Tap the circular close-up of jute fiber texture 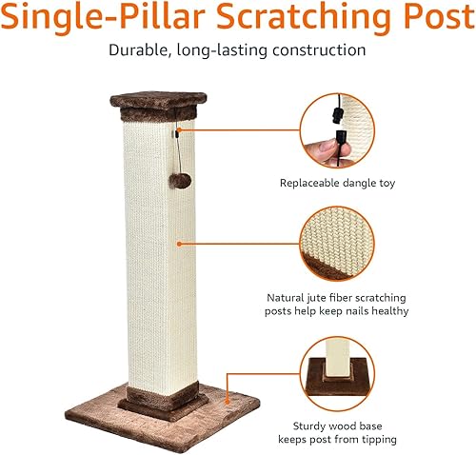pyautogui.click(x=338, y=243)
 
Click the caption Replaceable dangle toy pyautogui.click(x=338, y=183)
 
